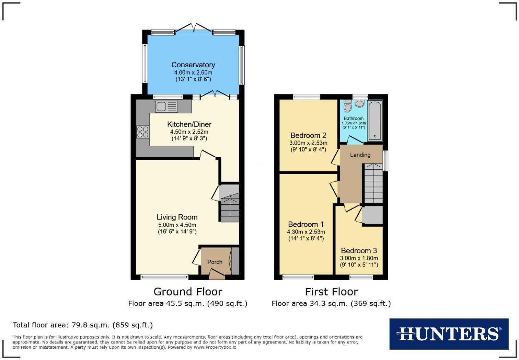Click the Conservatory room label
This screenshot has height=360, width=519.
[193, 65]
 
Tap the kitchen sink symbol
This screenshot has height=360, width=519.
[166, 106]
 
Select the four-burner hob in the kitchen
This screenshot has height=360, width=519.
[143, 132]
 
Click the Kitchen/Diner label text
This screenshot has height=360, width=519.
[189, 124]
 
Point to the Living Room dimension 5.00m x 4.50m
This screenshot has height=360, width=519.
[177, 225]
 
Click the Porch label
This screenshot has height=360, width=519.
[215, 262]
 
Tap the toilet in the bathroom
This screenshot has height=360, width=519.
[348, 106]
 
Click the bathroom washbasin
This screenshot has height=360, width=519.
[360, 103]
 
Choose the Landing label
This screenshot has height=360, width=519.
[360, 155]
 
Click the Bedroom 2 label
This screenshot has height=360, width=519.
[308, 135]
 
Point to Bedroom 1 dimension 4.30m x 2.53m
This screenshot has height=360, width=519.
[306, 232]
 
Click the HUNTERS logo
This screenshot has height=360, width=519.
[449, 334]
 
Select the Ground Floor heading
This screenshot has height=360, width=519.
[188, 292]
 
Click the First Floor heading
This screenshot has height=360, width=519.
[331, 292]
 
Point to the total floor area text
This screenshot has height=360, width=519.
[83, 325]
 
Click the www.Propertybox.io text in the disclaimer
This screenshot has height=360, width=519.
[215, 347]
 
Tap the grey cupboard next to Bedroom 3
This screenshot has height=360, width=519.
[372, 215]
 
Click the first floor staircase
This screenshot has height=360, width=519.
[373, 184]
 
